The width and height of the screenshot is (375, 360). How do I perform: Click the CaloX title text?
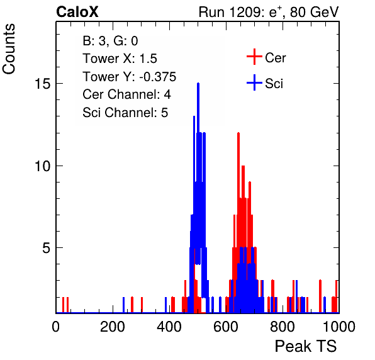point(77,12)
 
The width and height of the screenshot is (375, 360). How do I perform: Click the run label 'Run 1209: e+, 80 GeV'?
point(269,12)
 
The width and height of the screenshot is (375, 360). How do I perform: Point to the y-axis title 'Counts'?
point(9,49)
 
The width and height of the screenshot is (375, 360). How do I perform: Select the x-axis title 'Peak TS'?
point(306,346)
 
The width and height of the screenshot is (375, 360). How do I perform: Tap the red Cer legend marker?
point(254,57)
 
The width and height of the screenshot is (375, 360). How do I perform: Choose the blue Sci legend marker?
point(254,82)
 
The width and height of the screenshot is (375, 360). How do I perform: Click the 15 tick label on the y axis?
point(43,84)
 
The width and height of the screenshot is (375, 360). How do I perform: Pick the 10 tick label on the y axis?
point(43,166)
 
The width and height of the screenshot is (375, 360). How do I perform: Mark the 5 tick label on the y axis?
point(47,248)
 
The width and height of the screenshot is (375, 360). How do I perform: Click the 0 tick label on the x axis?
point(56,327)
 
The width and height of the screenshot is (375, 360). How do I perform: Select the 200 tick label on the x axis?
point(113,327)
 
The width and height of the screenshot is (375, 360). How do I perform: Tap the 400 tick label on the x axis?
point(169,327)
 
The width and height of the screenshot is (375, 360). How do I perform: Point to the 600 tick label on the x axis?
point(226,327)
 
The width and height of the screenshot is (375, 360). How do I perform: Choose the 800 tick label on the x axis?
point(283,327)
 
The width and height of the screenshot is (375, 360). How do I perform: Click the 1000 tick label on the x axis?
point(339,327)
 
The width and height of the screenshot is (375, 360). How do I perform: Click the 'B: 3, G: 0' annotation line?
point(110,41)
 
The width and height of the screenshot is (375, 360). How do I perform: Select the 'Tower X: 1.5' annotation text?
point(120,59)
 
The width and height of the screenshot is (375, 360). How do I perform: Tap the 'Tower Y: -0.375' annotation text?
point(130,77)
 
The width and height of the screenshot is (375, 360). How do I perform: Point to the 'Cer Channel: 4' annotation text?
point(126,94)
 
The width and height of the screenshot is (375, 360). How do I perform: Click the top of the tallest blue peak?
point(198,83)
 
